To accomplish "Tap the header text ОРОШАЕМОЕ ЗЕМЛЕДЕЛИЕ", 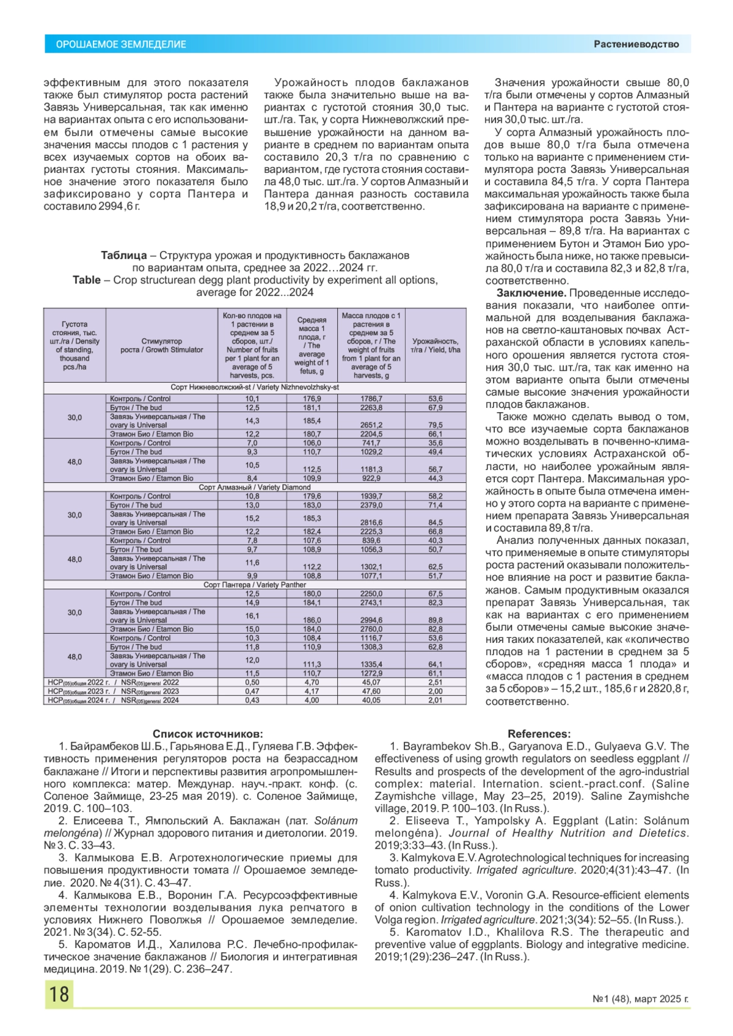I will [x=121, y=45].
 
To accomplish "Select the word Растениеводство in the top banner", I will [x=636, y=44].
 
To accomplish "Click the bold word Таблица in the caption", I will [x=123, y=255].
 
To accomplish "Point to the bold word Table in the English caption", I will [x=86, y=280].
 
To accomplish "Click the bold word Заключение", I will [x=531, y=293].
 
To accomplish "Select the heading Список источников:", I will [x=208, y=734].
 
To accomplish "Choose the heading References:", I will [x=539, y=734].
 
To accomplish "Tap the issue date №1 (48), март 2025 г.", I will [x=640, y=999].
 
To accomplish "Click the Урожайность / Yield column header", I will [x=436, y=346].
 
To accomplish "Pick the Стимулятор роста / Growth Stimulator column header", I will [x=162, y=346].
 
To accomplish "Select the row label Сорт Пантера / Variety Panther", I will [x=255, y=585].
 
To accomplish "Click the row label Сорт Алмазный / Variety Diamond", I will [x=255, y=487].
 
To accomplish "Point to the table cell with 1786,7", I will [x=371, y=399].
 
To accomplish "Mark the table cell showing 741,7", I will [x=371, y=443].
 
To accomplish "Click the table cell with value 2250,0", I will [x=371, y=593].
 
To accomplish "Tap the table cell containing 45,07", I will [x=371, y=683].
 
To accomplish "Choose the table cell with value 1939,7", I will [x=371, y=496].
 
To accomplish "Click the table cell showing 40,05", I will [x=371, y=700].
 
